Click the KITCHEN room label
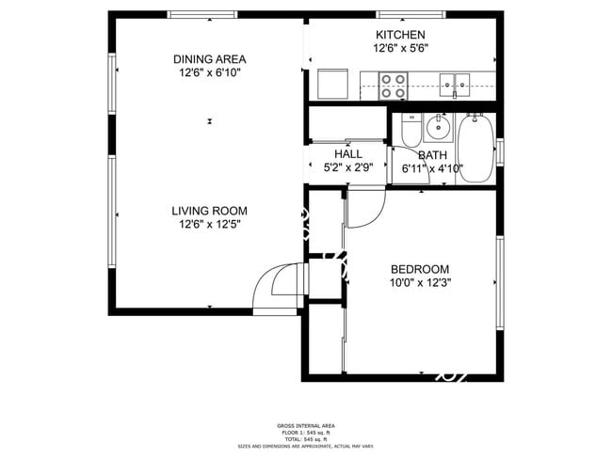401,35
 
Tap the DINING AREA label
209,58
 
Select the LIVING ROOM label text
209,211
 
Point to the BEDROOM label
420,268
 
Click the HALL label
348,154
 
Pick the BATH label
433,155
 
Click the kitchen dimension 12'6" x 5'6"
401,48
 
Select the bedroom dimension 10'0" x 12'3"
420,282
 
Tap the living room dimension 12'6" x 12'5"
209,225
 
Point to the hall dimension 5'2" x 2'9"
348,168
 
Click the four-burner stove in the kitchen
393,87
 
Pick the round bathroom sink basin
438,127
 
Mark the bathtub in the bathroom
475,147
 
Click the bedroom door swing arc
362,212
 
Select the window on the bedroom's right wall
500,282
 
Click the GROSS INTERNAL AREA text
306,425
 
